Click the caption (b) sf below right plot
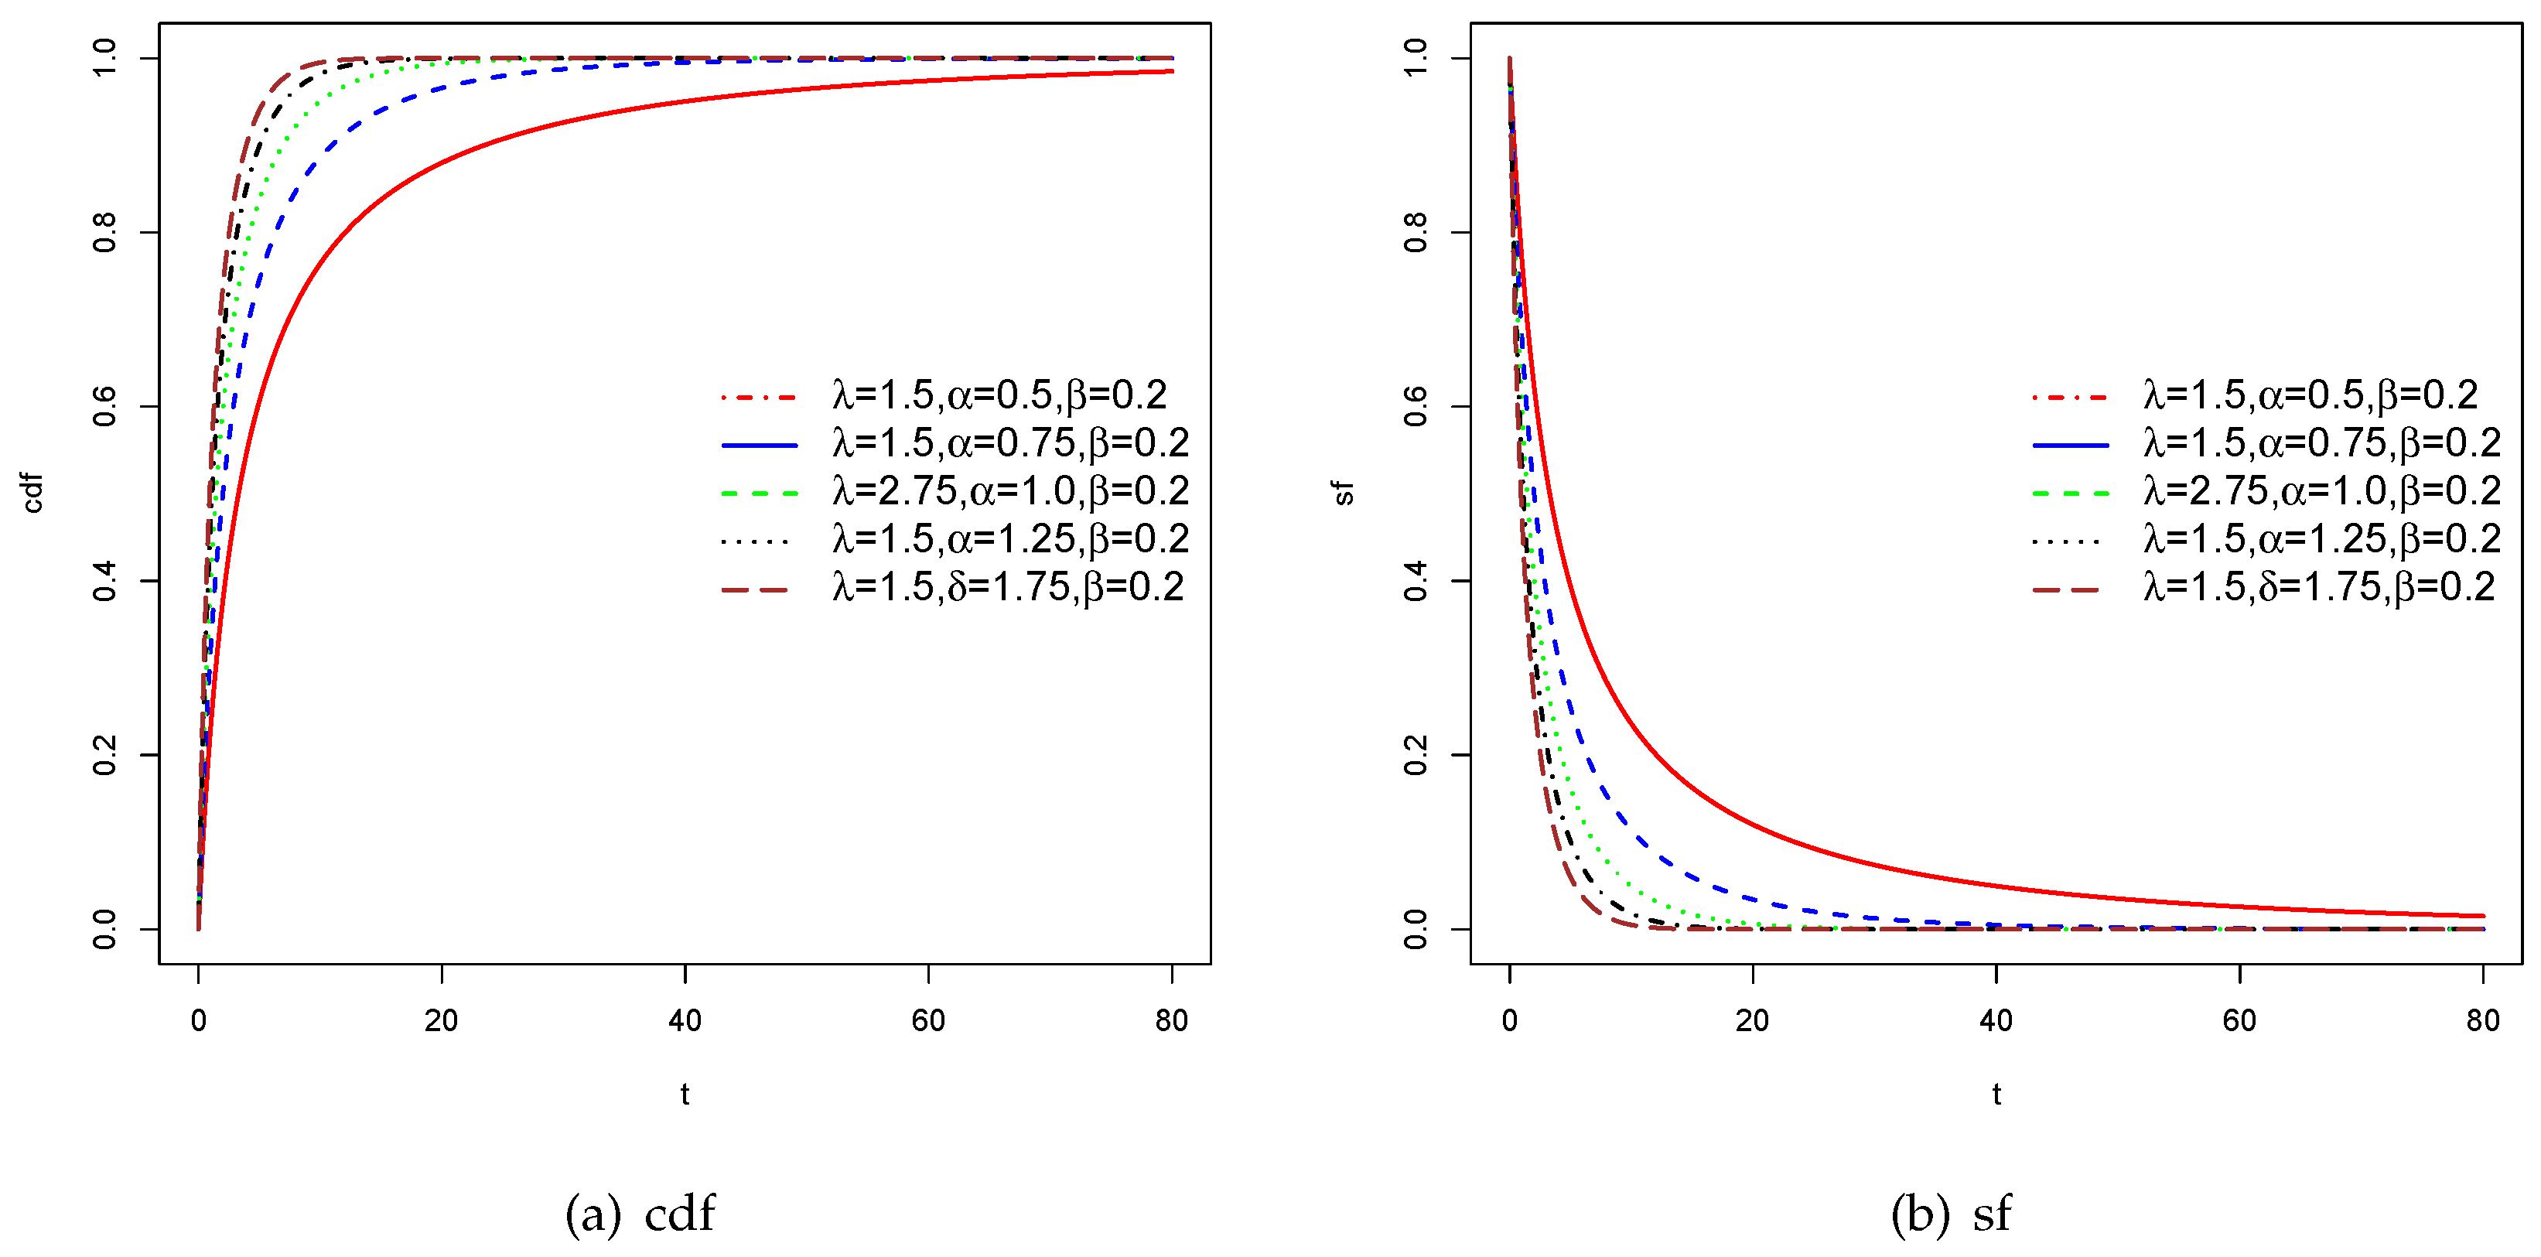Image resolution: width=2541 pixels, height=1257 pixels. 1950,1213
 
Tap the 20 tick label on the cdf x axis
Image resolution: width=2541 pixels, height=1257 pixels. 441,1020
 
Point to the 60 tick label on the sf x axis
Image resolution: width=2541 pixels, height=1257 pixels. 2239,1020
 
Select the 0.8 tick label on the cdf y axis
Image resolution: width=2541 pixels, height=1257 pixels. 104,233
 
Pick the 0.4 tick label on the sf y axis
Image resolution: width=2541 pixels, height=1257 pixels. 1416,580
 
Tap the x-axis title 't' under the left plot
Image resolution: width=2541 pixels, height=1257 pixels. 685,1093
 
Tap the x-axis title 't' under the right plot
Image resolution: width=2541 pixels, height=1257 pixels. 1996,1093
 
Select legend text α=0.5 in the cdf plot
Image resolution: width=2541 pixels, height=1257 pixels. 999,395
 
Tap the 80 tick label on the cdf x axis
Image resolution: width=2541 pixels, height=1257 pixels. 1171,1020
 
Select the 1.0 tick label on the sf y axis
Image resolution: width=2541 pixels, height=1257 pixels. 1416,57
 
